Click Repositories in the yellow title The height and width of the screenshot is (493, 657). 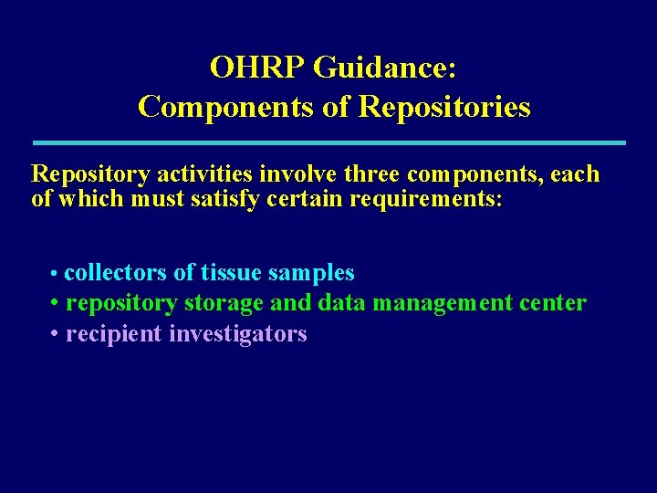pos(444,107)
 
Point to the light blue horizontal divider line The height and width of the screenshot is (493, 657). pos(328,142)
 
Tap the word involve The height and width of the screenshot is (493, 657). pos(294,173)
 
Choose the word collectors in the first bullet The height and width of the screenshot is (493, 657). pos(115,272)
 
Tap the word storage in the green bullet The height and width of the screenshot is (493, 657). pos(224,302)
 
